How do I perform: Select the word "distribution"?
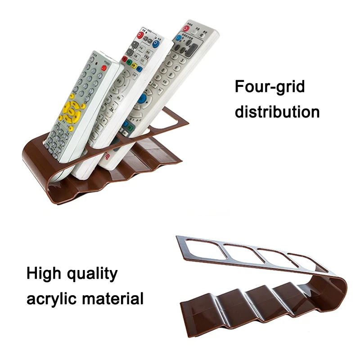(277, 111)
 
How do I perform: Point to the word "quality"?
(94, 274)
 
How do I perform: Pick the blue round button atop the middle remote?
(156, 44)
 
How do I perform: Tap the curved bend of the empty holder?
(340, 288)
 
